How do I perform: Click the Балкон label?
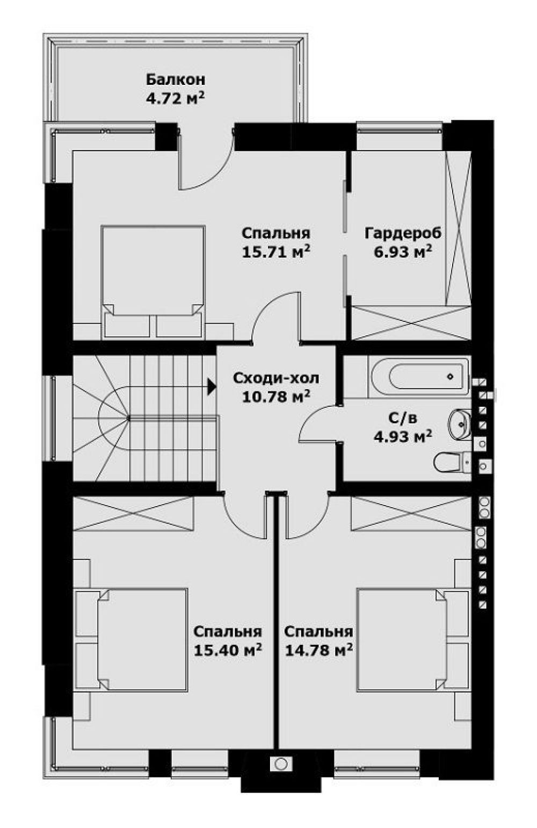tap(176, 80)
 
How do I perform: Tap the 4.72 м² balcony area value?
tap(176, 98)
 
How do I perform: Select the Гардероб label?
tap(403, 233)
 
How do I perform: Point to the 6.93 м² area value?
tap(403, 251)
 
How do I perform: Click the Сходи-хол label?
tap(276, 378)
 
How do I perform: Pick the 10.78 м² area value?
tap(276, 397)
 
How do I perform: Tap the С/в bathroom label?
tap(403, 419)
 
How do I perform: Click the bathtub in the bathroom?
tap(420, 377)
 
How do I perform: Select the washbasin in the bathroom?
tap(460, 425)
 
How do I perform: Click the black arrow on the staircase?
tap(212, 387)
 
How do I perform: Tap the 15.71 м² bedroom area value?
tap(276, 251)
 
